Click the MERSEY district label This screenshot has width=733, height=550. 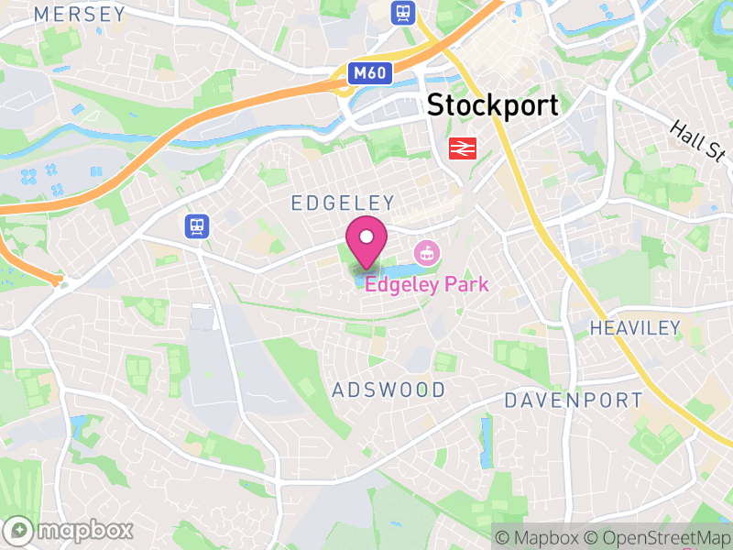pyautogui.click(x=79, y=14)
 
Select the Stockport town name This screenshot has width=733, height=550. pyautogui.click(x=493, y=104)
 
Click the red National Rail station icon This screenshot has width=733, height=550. pyautogui.click(x=460, y=148)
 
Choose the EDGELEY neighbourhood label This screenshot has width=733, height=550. pyautogui.click(x=343, y=203)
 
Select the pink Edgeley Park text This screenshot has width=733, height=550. pyautogui.click(x=427, y=284)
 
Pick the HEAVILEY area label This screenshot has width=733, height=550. pyautogui.click(x=635, y=327)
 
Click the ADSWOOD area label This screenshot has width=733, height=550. pyautogui.click(x=388, y=390)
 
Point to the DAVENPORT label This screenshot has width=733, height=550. pyautogui.click(x=574, y=400)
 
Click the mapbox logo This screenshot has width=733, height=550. pyautogui.click(x=71, y=530)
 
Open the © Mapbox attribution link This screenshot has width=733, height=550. pyautogui.click(x=536, y=536)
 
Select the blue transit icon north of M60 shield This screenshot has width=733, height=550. pyautogui.click(x=401, y=12)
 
